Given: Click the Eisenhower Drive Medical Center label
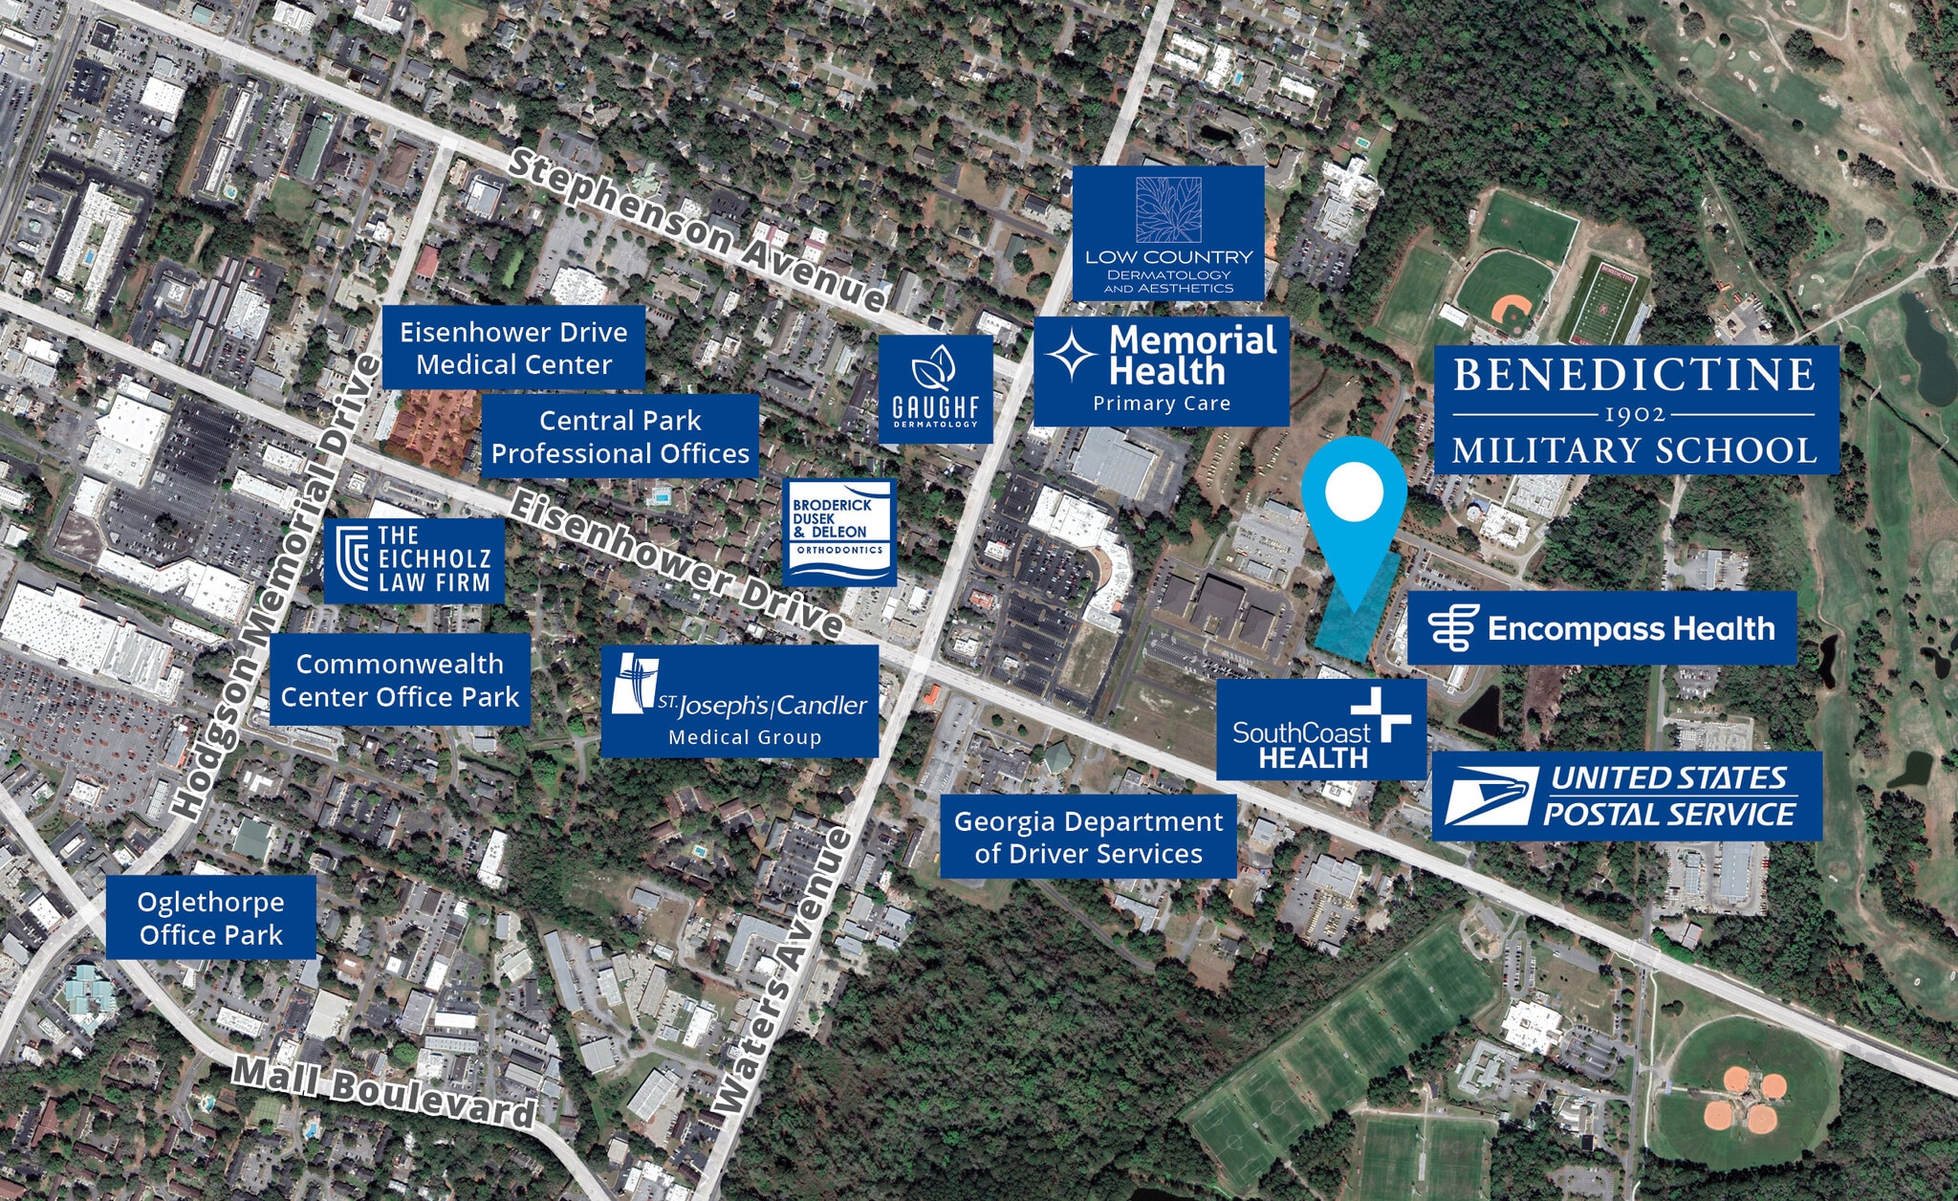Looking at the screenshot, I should pos(513,348).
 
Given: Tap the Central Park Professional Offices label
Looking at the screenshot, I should pos(620,436).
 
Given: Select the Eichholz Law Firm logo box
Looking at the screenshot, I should pos(414,560).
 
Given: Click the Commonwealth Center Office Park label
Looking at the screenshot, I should pos(400,680).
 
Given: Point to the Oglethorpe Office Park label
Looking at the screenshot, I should pos(210,918).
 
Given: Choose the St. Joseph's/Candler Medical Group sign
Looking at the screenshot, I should pos(739,702).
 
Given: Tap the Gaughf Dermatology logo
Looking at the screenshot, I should pos(935,389).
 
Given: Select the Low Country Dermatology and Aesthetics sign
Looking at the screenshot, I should pos(1168,233).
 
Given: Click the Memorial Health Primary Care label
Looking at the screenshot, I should pos(1162,371).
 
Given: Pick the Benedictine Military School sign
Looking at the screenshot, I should pos(1636,410).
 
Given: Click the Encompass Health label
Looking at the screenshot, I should pos(1601,628).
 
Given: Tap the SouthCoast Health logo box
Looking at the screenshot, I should pos(1320,731).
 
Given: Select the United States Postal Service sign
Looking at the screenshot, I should pos(1626,797).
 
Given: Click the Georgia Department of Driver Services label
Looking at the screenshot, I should pos(1088,837).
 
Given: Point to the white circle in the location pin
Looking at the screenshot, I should pos(1354,491).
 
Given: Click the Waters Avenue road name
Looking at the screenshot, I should pos(783,971).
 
